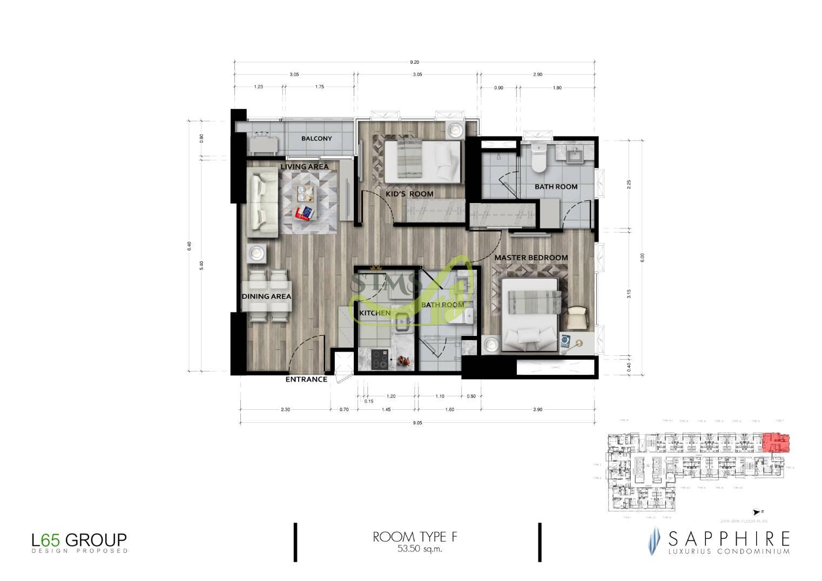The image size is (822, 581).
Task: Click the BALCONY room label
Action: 316,139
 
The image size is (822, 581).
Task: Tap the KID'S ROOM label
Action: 409,194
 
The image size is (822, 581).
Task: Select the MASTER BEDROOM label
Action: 531,258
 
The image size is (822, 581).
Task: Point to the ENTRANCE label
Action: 306,380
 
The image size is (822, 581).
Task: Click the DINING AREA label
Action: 266,296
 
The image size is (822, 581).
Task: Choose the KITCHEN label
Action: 375,313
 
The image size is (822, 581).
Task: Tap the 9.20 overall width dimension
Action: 414,63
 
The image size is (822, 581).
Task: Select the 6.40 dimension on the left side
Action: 189,246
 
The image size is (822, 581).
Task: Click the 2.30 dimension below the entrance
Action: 285,410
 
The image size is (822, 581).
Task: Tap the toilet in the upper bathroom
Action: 538,158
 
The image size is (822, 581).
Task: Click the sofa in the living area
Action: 262,201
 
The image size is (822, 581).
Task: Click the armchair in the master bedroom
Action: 576,317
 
